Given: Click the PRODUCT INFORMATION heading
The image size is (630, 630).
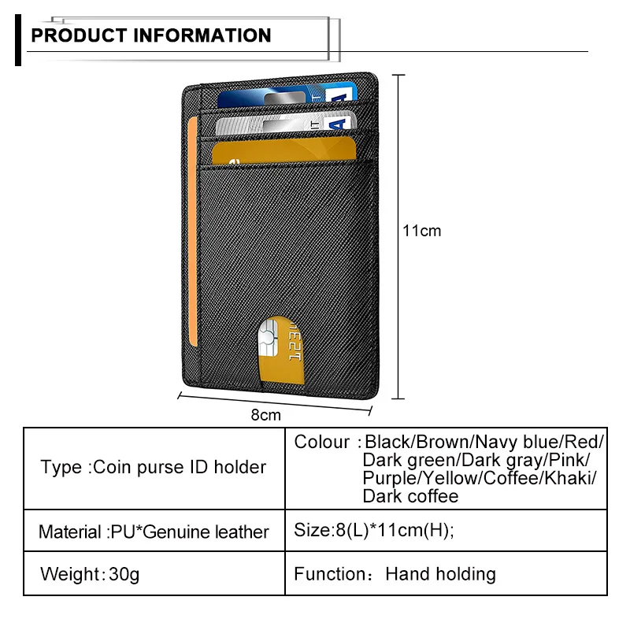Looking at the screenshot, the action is (x=150, y=35).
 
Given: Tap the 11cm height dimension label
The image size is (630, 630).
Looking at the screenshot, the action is (x=421, y=231).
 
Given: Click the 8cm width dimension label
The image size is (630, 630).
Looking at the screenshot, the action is (x=265, y=414).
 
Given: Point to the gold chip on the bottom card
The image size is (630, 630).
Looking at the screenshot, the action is (x=266, y=340).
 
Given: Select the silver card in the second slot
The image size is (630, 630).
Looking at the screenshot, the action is (x=283, y=124).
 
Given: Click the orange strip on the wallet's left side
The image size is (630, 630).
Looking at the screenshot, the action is (x=194, y=220).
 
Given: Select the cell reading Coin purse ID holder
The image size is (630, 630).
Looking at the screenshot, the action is (x=154, y=467).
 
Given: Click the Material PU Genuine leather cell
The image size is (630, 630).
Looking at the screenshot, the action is (x=154, y=532).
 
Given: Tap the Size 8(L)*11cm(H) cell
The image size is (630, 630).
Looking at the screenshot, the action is (x=374, y=531).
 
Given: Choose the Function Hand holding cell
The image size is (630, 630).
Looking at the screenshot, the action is (x=395, y=574).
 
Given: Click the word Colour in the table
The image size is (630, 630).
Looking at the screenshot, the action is (x=321, y=442).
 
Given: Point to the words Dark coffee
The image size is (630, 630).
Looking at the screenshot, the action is (x=410, y=496).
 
